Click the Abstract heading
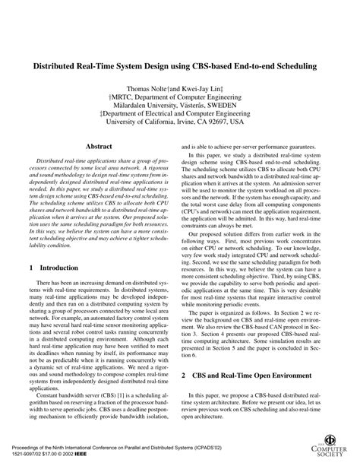coord(99,166)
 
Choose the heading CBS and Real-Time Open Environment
coord(248,376)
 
